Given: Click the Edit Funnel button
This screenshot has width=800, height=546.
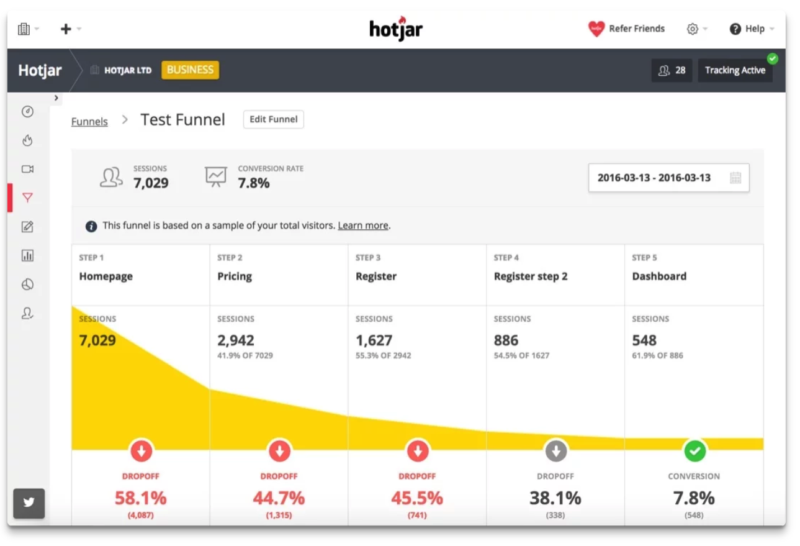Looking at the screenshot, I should [x=273, y=119].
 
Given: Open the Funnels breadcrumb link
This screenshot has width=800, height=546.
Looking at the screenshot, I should [x=89, y=122].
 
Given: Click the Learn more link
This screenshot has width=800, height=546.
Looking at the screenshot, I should [x=363, y=225].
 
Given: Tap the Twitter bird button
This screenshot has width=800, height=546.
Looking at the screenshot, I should [x=29, y=503].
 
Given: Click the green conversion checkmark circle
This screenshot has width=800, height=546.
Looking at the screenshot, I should [x=694, y=451].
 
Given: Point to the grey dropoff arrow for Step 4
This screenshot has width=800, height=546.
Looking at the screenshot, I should [x=555, y=451].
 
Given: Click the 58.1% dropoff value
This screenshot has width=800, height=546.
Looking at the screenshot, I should [x=140, y=498].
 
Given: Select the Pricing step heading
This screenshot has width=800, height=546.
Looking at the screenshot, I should [x=235, y=276].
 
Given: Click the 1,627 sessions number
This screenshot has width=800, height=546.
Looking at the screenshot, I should [x=374, y=340].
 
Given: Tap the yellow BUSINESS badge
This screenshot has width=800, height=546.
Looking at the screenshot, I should [x=190, y=70].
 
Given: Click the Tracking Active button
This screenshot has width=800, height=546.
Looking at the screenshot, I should [x=735, y=71].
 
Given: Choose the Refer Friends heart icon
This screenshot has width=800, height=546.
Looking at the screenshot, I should [x=596, y=29].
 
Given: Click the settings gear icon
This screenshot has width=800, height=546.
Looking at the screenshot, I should [x=693, y=29].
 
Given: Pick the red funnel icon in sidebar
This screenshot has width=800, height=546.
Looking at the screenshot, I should [x=27, y=198].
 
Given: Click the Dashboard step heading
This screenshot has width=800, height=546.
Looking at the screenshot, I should [x=659, y=276].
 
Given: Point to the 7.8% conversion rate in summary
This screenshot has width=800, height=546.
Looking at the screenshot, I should [x=254, y=183].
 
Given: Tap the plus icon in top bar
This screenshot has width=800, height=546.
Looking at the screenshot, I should [x=66, y=29].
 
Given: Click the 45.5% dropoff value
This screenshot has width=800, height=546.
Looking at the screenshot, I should [x=417, y=498].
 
